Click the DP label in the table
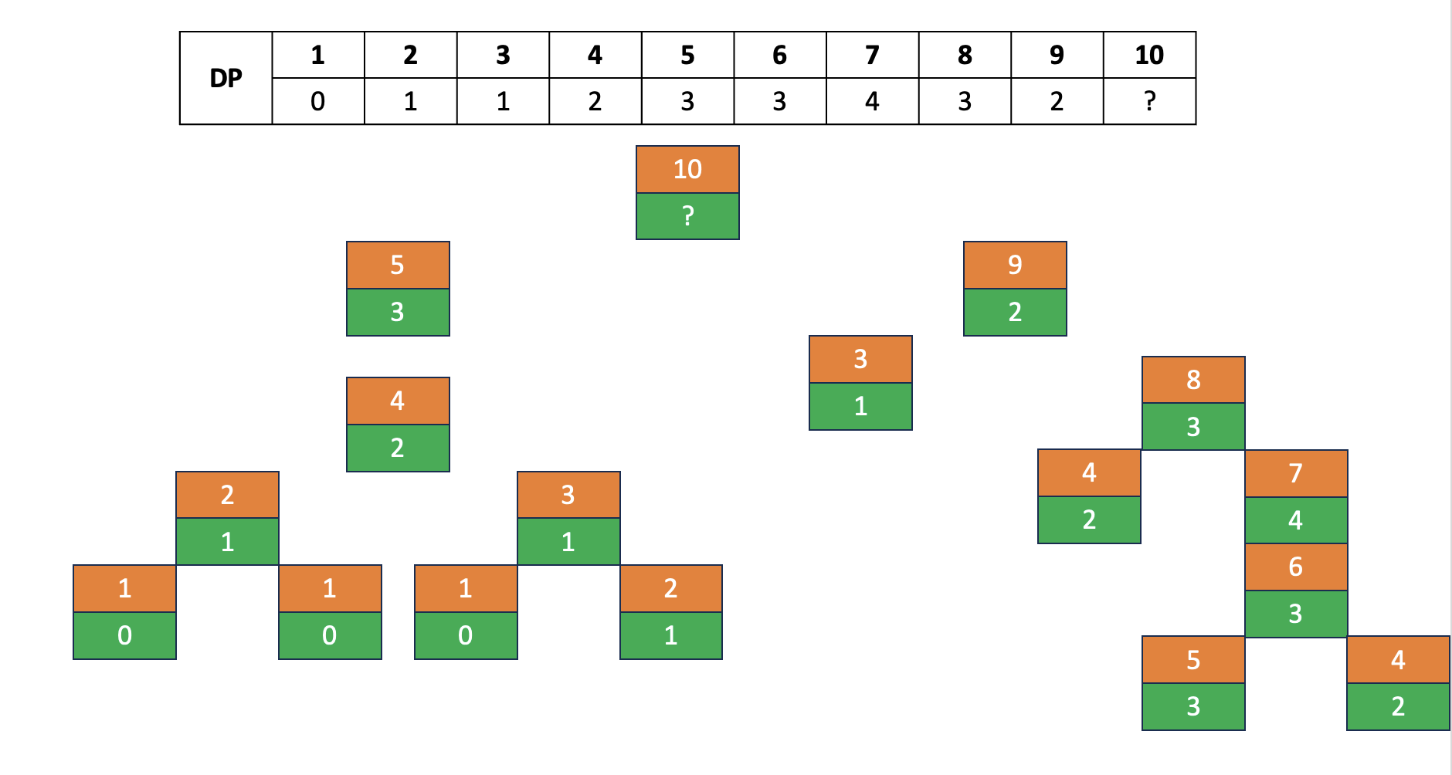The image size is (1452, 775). (226, 78)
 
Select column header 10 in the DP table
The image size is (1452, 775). (1149, 55)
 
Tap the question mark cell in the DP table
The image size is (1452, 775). (1149, 101)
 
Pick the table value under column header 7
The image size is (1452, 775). (872, 101)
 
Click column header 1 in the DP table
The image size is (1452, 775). (317, 55)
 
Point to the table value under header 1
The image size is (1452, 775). (317, 101)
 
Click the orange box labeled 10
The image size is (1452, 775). (687, 169)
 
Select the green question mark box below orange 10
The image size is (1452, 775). (687, 216)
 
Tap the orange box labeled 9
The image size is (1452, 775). (1015, 265)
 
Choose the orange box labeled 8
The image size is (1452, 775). (1193, 380)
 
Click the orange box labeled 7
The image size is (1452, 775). (1296, 473)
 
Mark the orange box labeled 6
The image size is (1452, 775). (1296, 567)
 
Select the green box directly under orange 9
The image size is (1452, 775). (1015, 312)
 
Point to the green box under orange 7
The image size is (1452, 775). (1296, 520)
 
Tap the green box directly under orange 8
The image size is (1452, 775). (1193, 426)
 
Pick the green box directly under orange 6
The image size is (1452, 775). (1296, 614)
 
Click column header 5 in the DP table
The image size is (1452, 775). (687, 55)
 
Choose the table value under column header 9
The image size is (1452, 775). (1057, 101)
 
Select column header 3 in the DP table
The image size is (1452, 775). (503, 55)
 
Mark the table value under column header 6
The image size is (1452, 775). (779, 101)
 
